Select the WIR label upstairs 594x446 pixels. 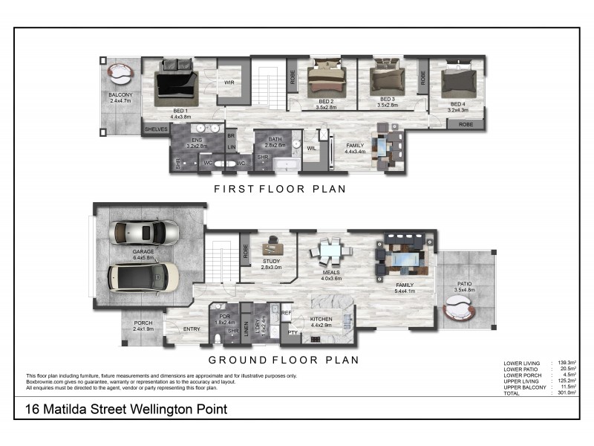click(x=230, y=83)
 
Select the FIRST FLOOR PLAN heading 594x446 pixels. click(x=280, y=189)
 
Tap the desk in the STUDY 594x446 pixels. click(x=271, y=242)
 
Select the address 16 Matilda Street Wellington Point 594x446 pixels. click(x=126, y=409)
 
